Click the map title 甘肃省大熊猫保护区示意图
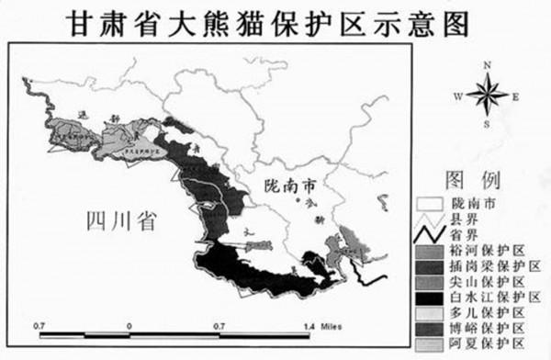275,20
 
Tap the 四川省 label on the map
119,221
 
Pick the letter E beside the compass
516,95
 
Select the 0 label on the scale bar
129,326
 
